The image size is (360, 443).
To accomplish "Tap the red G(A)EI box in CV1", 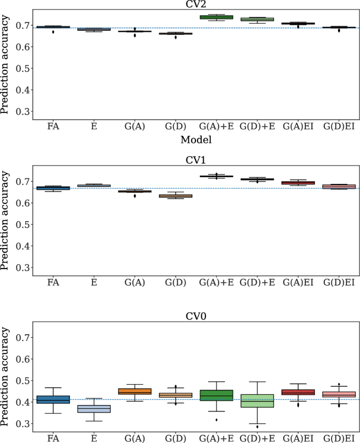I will (298, 183).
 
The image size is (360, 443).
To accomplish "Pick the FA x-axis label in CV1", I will (53, 283).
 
